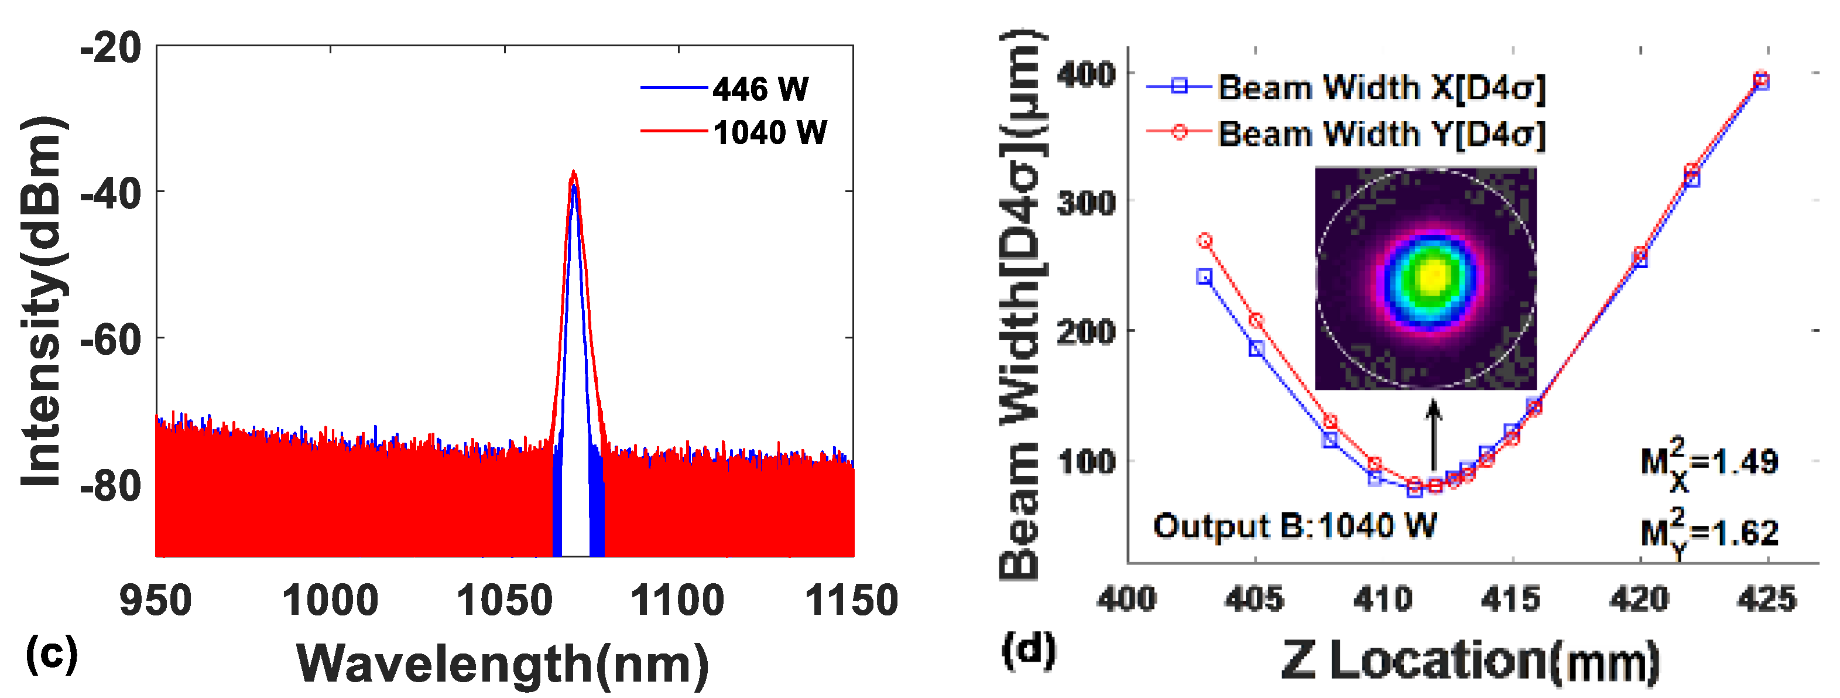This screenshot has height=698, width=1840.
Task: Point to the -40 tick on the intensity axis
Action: pos(111,193)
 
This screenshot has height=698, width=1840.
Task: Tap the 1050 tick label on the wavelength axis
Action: pos(504,600)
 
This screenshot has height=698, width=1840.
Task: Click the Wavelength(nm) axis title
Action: pos(503,665)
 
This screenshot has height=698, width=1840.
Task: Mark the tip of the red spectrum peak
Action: pos(574,172)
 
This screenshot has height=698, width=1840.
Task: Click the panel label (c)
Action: pos(52,653)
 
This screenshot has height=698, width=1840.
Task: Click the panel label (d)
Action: pos(1029,650)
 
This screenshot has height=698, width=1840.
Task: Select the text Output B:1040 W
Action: pos(1294,526)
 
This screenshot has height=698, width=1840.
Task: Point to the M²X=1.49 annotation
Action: pos(1708,463)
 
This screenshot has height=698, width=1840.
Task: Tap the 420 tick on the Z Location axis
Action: pos(1640,598)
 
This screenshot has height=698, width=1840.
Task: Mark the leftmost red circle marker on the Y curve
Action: pos(1205,241)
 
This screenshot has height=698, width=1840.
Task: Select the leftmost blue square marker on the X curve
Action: pos(1204,276)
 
